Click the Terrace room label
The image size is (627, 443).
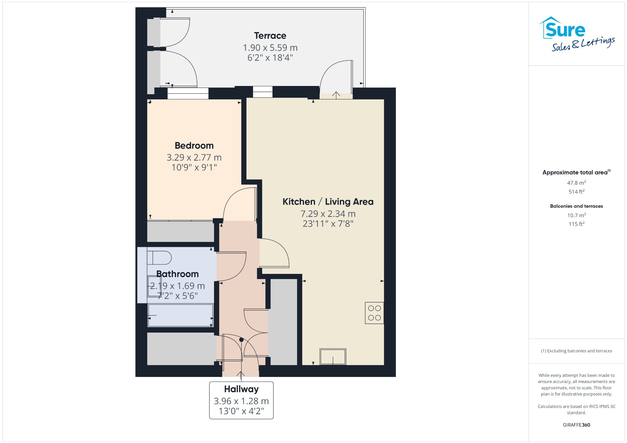(270, 36)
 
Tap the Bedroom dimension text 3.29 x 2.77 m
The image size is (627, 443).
(194, 158)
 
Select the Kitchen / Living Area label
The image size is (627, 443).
(328, 202)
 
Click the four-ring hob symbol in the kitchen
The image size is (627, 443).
(374, 313)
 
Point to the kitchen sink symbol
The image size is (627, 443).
(333, 356)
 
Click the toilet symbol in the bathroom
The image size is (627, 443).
(159, 258)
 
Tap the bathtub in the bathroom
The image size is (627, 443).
(180, 315)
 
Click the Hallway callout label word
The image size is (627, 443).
(241, 389)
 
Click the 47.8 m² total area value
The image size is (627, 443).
(576, 183)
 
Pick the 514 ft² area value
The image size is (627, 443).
(576, 192)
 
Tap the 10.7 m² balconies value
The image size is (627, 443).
(576, 215)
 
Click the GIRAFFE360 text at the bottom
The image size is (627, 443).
(576, 425)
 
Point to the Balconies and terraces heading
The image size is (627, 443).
(576, 206)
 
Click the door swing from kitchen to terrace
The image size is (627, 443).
(335, 76)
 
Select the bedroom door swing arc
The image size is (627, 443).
(239, 203)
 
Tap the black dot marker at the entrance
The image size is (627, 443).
(241, 340)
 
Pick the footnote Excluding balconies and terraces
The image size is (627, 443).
(576, 351)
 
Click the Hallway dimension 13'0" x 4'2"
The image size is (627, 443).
(241, 411)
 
